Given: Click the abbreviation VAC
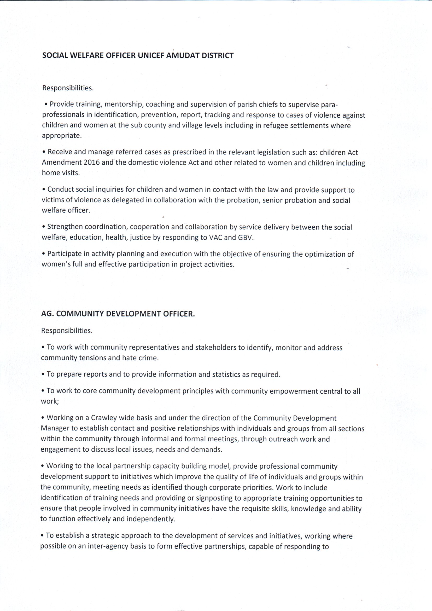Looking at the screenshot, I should pyautogui.click(x=216, y=237).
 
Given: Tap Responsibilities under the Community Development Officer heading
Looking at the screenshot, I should pyautogui.click(x=67, y=331).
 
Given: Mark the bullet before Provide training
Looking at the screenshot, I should pyautogui.click(x=46, y=104).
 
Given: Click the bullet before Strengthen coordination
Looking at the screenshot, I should pyautogui.click(x=44, y=227).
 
